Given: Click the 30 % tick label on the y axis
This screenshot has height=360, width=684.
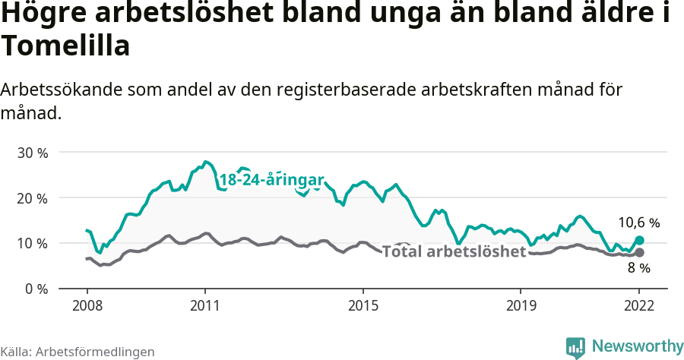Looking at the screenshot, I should click(x=33, y=153).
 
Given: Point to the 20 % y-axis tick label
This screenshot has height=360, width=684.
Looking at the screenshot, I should click(x=33, y=198).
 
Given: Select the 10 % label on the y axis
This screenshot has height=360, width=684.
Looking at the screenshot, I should click(x=33, y=244).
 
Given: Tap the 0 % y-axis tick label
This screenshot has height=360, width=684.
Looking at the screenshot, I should click(x=36, y=289).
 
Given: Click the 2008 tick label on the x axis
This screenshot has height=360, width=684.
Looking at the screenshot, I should click(x=87, y=305).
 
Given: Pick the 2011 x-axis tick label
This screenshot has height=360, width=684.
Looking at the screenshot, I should click(x=205, y=305).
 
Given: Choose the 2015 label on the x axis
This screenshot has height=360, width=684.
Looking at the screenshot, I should click(x=363, y=305).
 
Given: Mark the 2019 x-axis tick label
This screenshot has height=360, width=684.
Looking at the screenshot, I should click(x=521, y=305).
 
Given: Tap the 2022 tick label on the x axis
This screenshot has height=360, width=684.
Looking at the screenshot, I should click(x=639, y=305).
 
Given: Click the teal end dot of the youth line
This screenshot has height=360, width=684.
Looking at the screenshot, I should click(x=639, y=240).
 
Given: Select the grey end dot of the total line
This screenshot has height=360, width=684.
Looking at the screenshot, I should click(x=639, y=252).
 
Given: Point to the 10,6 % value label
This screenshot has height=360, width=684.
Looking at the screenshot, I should click(x=638, y=223).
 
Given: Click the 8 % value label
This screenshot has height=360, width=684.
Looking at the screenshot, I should click(x=638, y=268).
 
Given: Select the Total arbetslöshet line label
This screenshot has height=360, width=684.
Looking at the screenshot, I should click(x=454, y=251).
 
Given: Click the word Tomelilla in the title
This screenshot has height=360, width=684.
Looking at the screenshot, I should click(x=65, y=46).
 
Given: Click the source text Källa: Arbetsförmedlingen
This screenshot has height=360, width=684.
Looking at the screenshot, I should click(x=78, y=352).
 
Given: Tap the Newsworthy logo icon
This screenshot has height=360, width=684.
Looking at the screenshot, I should click(x=575, y=346).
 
